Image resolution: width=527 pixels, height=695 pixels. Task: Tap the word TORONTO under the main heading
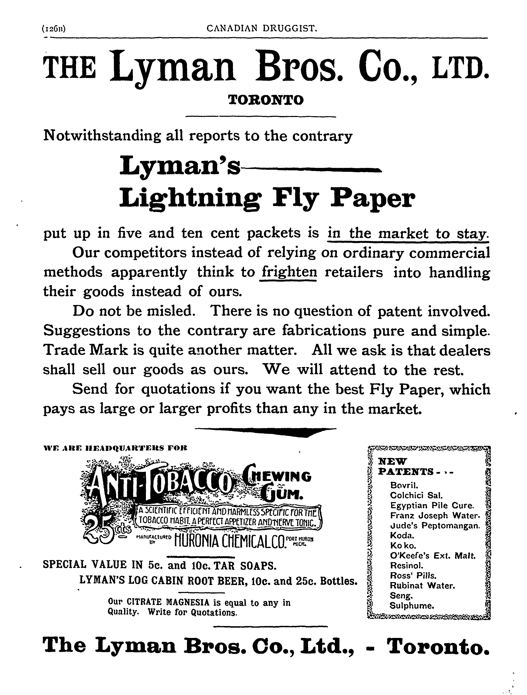266,100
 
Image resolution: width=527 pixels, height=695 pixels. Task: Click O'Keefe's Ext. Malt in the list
432,555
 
